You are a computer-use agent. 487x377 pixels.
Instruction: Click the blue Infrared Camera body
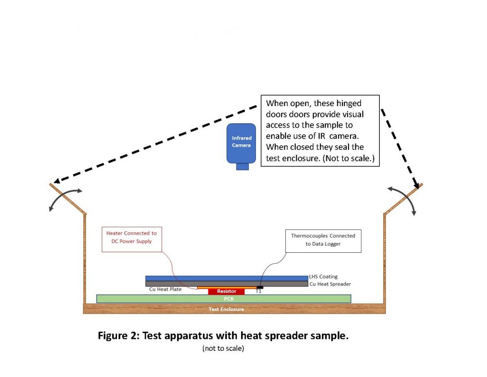242,142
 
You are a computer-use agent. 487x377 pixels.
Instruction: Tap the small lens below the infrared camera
243,166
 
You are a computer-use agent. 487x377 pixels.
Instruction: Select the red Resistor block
226,291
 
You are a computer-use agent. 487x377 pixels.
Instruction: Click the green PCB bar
224,299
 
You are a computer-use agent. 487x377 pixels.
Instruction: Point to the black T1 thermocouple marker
259,287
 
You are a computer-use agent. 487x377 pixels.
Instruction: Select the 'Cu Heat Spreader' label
330,284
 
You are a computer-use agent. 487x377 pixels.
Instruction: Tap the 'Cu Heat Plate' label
166,289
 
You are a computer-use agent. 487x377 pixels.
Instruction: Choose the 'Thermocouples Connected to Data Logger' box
323,240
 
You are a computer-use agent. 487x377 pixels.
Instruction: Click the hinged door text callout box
320,130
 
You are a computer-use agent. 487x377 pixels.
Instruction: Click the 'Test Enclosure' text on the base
226,309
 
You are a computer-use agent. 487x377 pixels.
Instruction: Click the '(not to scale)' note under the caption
223,348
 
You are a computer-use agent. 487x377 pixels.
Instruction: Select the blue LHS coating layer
226,278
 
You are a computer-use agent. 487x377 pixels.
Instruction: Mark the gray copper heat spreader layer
226,284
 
